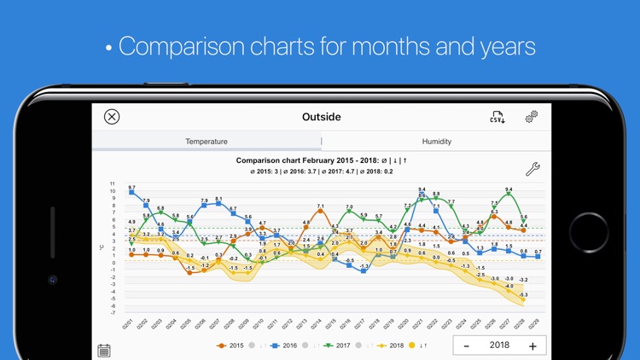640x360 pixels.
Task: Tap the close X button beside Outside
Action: click(112, 117)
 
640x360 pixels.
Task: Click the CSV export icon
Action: click(497, 117)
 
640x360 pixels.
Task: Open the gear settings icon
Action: click(531, 117)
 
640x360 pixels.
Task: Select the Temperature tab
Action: click(207, 142)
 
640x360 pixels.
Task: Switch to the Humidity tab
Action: click(436, 142)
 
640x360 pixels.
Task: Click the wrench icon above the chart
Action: click(532, 168)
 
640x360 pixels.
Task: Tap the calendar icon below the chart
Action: click(104, 350)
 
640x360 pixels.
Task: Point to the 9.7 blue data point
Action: click(131, 193)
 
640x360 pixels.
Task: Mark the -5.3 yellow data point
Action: click(523, 301)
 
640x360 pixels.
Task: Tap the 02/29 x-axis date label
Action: click(535, 323)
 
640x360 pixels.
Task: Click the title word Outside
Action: click(321, 117)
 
